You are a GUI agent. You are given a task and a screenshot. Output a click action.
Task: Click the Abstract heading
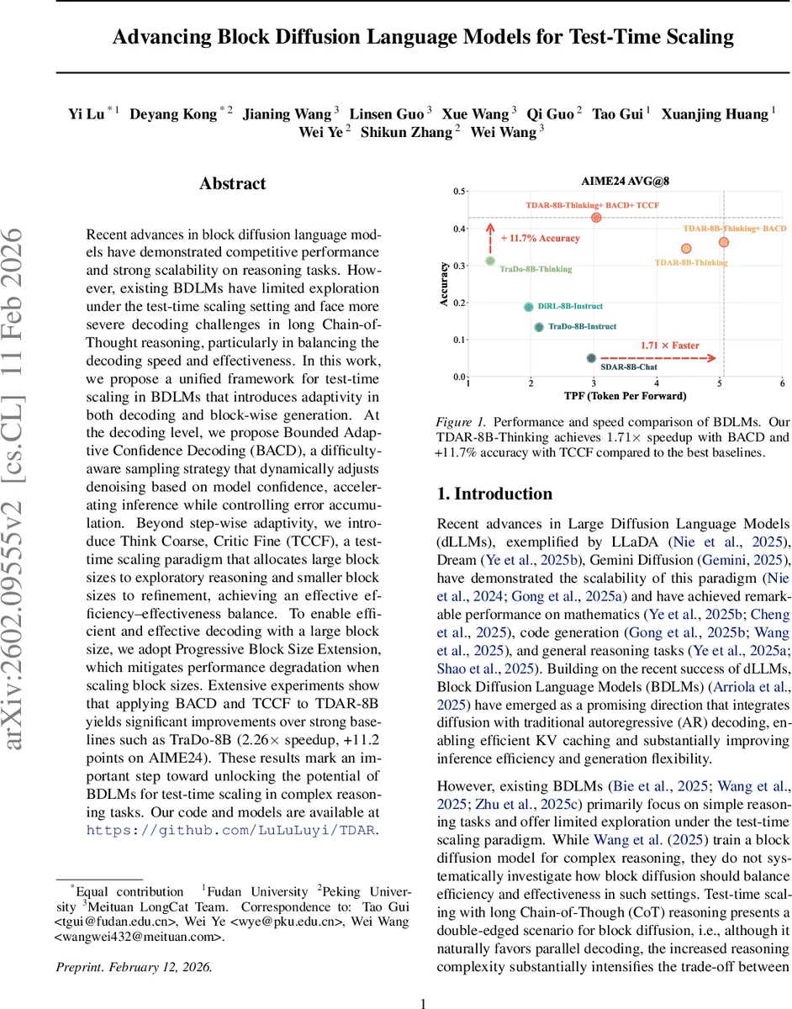coord(232,183)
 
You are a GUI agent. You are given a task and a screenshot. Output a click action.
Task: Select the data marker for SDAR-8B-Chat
coord(591,358)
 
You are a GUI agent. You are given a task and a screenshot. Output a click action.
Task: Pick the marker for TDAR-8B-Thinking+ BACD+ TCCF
coord(596,218)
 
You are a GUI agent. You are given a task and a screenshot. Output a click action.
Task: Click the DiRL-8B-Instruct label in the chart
coord(570,307)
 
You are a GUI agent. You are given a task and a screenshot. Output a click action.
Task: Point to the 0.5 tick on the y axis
coord(459,193)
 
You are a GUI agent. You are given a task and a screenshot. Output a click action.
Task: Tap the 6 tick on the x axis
coord(782,383)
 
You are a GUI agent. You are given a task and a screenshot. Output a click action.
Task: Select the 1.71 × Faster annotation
coord(669,346)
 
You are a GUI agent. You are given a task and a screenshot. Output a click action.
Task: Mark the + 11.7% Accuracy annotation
coord(540,238)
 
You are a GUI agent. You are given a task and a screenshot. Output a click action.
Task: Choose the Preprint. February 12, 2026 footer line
coord(134,967)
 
